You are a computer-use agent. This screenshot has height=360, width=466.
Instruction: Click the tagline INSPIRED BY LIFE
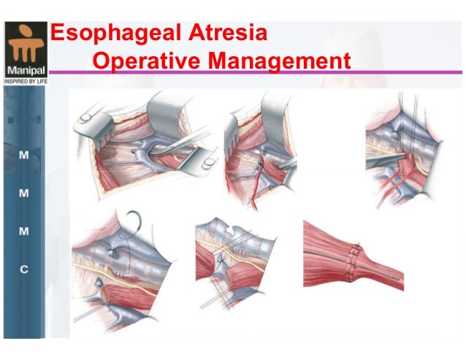pos(24,82)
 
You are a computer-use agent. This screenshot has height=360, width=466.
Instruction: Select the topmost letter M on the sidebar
pos(24,157)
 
